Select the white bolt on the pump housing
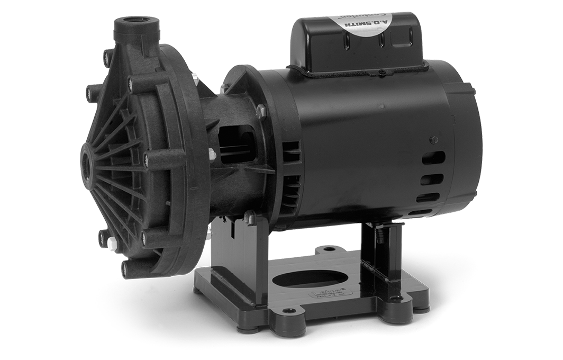112,243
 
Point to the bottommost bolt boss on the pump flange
126,267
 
